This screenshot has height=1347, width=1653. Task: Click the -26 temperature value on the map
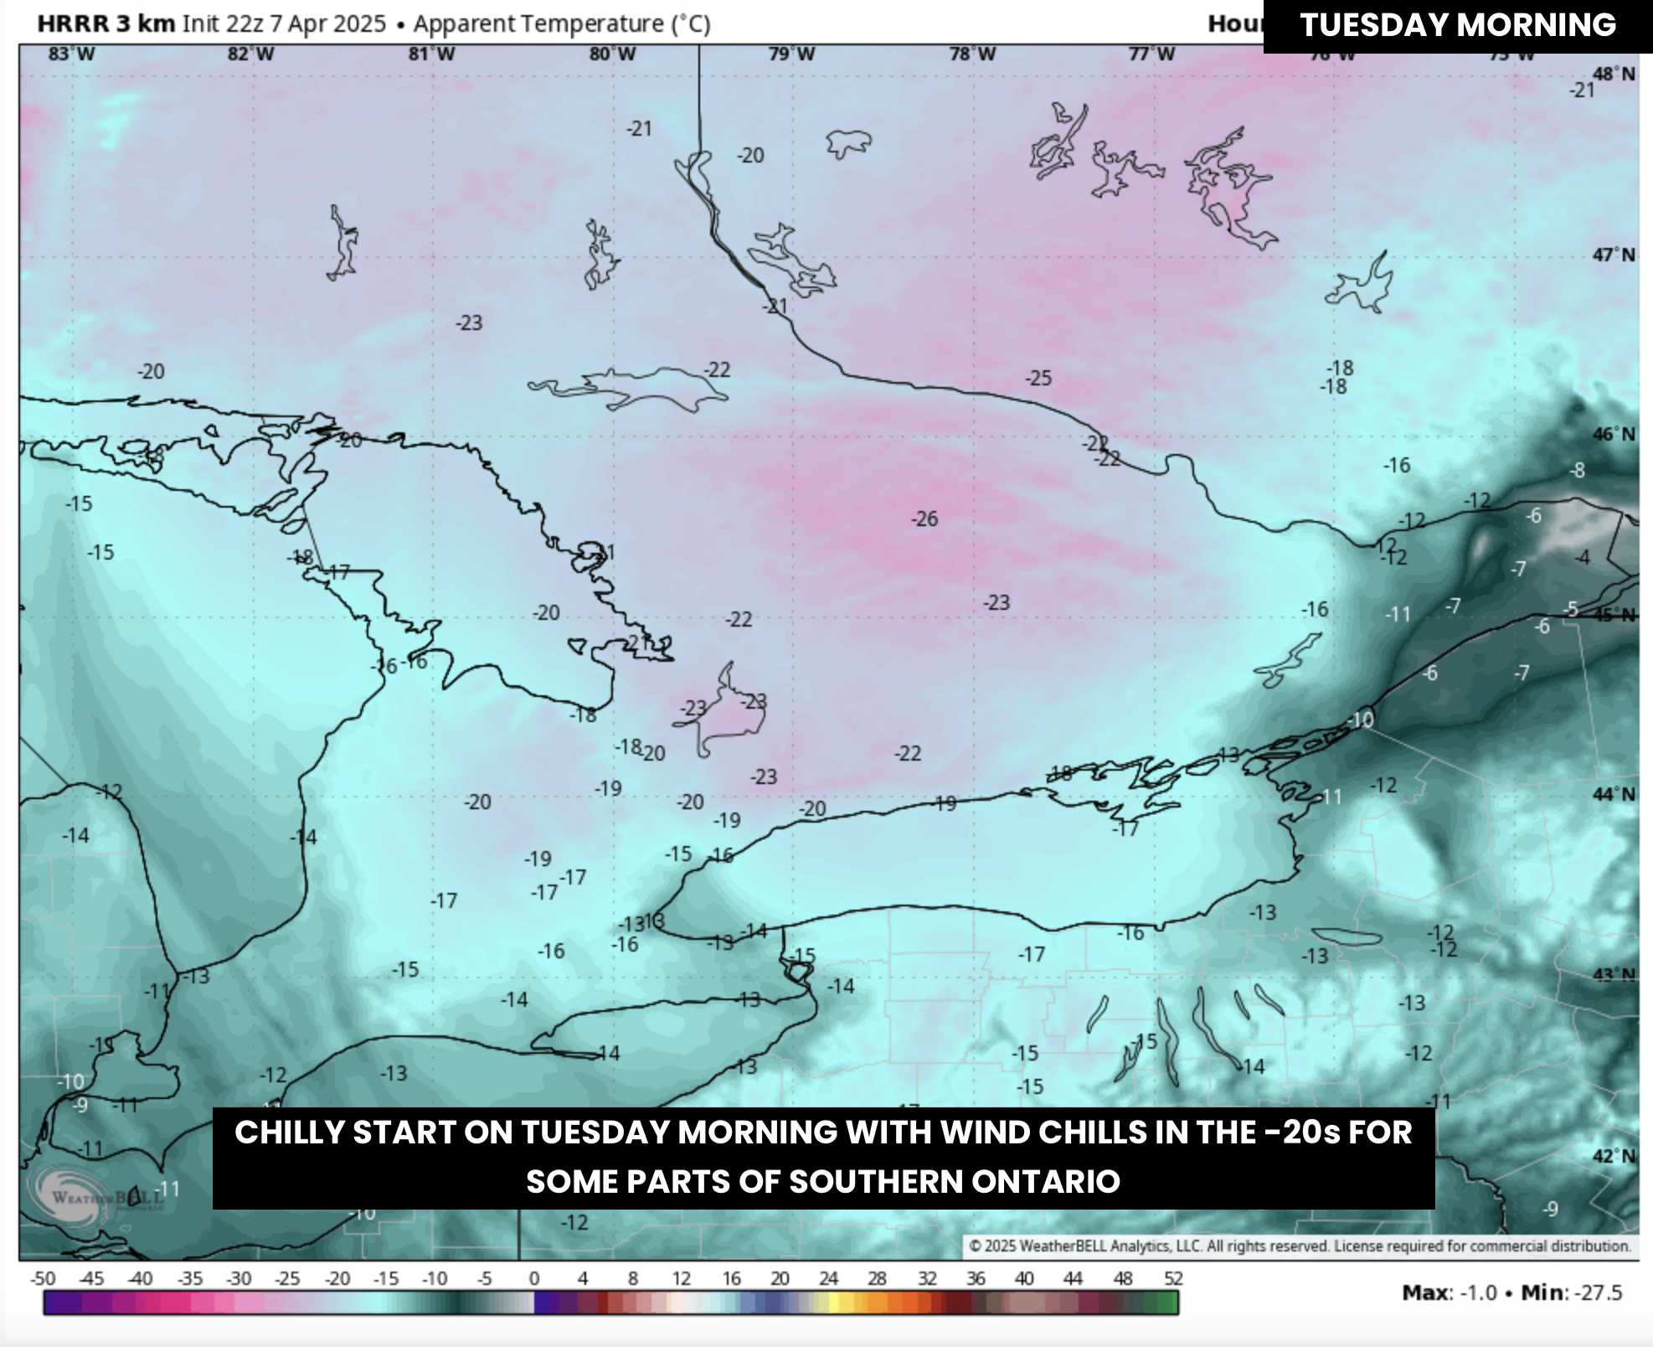point(924,519)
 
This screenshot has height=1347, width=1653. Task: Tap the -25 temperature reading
point(1038,379)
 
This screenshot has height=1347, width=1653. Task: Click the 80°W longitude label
point(612,54)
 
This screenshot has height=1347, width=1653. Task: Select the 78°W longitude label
point(972,54)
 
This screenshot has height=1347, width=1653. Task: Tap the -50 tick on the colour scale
point(43,1279)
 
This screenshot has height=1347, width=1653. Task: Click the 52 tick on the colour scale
point(1173,1279)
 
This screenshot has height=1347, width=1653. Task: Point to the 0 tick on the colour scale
point(533,1279)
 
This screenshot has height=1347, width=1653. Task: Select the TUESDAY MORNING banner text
point(1457,25)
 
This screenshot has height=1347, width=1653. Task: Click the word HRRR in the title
point(74,23)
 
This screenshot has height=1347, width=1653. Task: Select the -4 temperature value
point(1582,558)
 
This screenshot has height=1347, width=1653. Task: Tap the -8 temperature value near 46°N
point(1577,471)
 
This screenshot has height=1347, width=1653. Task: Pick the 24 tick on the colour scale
point(828,1279)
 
